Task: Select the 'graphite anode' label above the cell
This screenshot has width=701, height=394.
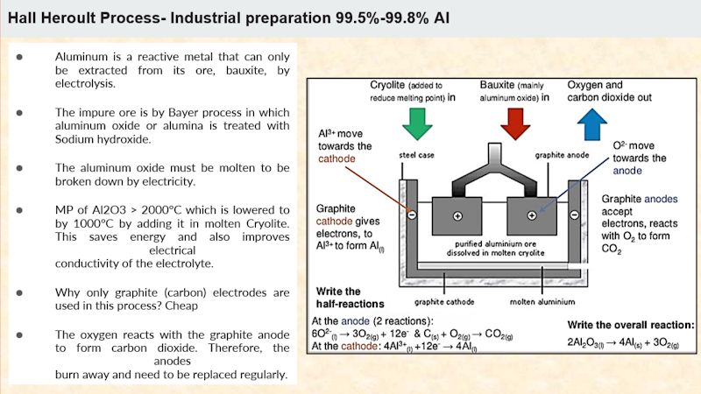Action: click(558, 156)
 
